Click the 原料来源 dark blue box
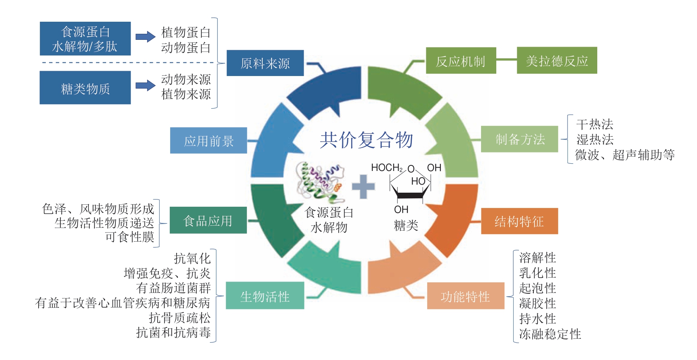point(265,63)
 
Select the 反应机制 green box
point(461,61)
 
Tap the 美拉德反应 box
point(557,61)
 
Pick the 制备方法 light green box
point(520,139)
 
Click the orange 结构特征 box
point(519,221)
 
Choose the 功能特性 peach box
point(465,296)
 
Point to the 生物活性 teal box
point(265,296)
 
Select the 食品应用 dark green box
point(208,220)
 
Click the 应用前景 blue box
point(208,141)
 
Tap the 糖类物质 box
point(85,88)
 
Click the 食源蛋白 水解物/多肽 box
point(85,39)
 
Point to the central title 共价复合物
point(366,140)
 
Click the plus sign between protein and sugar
point(363,187)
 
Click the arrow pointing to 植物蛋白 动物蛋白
point(145,37)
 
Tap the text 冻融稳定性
point(550,334)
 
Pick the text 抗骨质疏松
point(179,318)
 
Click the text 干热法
point(594,124)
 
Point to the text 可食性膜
point(130,237)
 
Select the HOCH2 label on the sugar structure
point(387,168)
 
